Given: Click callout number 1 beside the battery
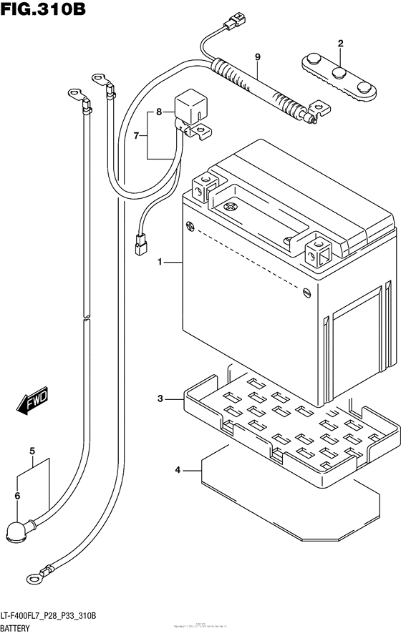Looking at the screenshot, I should click(x=161, y=263).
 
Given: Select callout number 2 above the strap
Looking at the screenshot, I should click(x=340, y=44).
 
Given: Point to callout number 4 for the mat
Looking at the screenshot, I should click(x=32, y=451).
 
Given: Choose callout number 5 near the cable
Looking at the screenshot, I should click(x=17, y=495).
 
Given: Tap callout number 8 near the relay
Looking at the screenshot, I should click(x=257, y=57).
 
